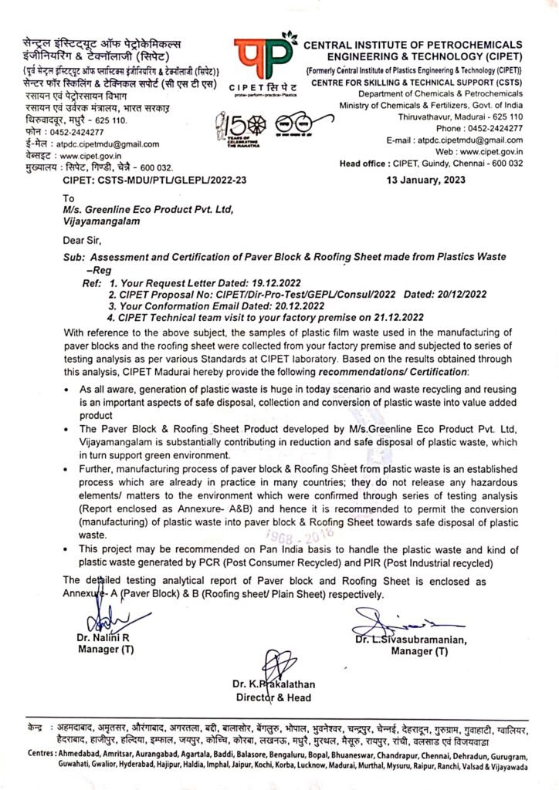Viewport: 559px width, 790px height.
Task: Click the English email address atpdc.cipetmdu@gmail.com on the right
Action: pyautogui.click(x=459, y=141)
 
